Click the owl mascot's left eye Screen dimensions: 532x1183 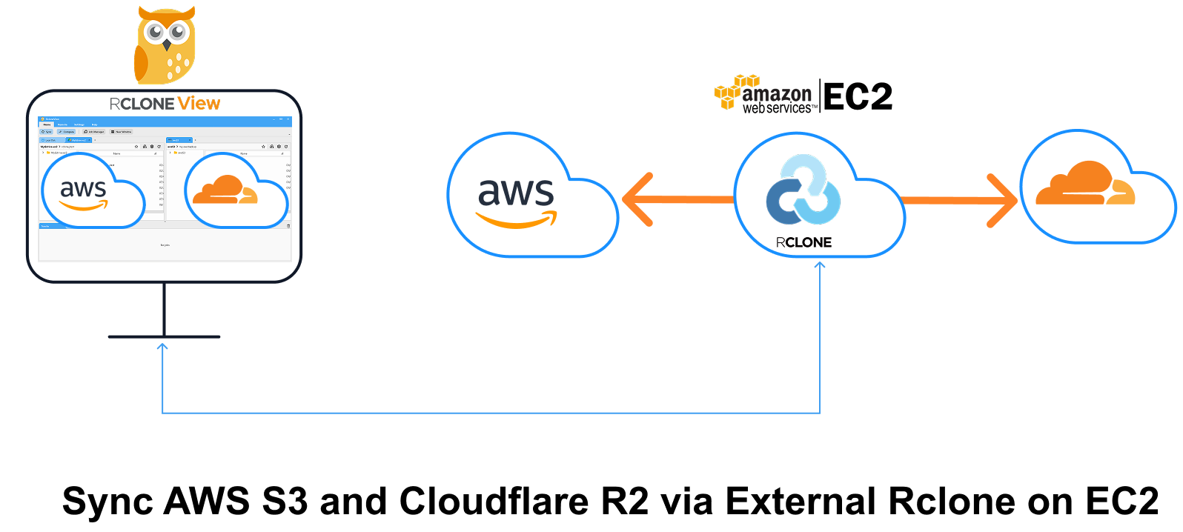[156, 32]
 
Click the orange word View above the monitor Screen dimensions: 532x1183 [199, 104]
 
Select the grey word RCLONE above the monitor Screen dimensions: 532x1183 [142, 104]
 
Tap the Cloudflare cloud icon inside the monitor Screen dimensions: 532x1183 [225, 190]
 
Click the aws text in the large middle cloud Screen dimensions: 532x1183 [516, 193]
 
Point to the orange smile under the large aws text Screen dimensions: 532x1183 [517, 220]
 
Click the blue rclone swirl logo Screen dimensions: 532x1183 [803, 190]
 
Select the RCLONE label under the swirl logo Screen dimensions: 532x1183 [803, 242]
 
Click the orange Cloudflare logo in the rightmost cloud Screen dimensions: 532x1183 [1085, 185]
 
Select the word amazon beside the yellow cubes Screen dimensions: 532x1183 [777, 94]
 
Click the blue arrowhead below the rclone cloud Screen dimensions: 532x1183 [820, 266]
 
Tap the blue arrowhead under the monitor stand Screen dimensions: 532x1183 [162, 346]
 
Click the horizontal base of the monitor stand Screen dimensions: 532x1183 [164, 336]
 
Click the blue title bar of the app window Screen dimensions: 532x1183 [165, 119]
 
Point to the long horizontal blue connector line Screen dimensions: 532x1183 [489, 413]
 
